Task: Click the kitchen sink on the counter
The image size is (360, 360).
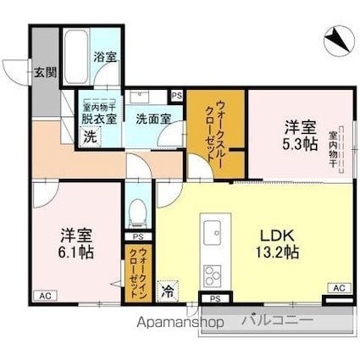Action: [211, 232]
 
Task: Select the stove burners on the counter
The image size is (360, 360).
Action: [211, 275]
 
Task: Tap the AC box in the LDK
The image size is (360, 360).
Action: [338, 289]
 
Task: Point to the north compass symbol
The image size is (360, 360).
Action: [338, 37]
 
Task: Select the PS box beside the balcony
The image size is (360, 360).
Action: [215, 298]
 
